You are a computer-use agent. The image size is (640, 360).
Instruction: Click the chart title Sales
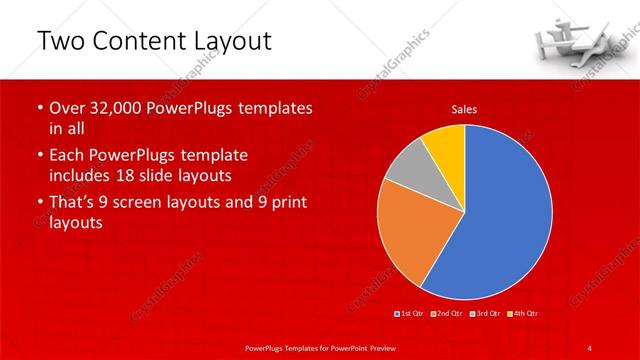coord(463,108)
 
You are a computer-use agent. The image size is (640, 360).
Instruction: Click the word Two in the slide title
coord(61,41)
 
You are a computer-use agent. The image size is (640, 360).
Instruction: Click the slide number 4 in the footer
coord(590,347)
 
